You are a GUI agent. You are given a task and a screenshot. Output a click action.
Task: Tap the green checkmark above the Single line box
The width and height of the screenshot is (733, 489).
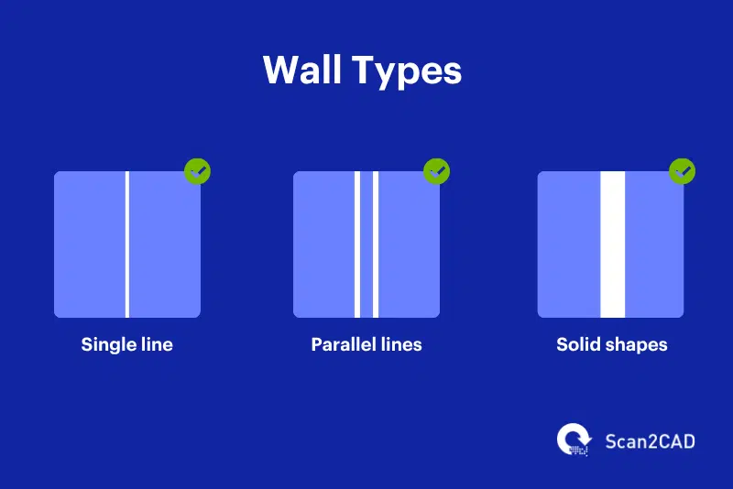(x=197, y=171)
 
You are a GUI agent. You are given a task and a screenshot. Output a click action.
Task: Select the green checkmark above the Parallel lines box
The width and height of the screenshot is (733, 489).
(x=436, y=171)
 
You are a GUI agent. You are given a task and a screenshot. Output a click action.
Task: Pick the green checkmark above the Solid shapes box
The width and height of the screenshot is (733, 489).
(x=682, y=171)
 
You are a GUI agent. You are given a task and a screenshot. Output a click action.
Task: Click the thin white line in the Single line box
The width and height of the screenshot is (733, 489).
(x=127, y=244)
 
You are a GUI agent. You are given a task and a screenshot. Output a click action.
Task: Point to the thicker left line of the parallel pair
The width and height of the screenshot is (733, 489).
(x=357, y=244)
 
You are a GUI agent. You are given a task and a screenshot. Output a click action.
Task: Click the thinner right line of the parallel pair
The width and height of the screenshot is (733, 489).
(x=376, y=244)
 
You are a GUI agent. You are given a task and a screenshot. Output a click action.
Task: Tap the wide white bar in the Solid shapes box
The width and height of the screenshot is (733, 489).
(x=612, y=244)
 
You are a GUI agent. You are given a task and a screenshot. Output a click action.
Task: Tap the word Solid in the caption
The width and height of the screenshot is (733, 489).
(x=578, y=345)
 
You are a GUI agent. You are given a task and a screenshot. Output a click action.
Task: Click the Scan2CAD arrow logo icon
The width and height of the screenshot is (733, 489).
(x=575, y=440)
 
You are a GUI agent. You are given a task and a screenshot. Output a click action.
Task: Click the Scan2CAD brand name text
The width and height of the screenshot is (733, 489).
(x=650, y=441)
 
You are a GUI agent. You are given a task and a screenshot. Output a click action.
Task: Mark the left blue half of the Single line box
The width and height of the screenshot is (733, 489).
(x=89, y=244)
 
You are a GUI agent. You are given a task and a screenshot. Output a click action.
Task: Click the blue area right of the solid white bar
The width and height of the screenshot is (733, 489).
(x=654, y=244)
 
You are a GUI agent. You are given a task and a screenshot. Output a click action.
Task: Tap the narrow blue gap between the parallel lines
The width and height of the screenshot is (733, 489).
(x=366, y=244)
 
